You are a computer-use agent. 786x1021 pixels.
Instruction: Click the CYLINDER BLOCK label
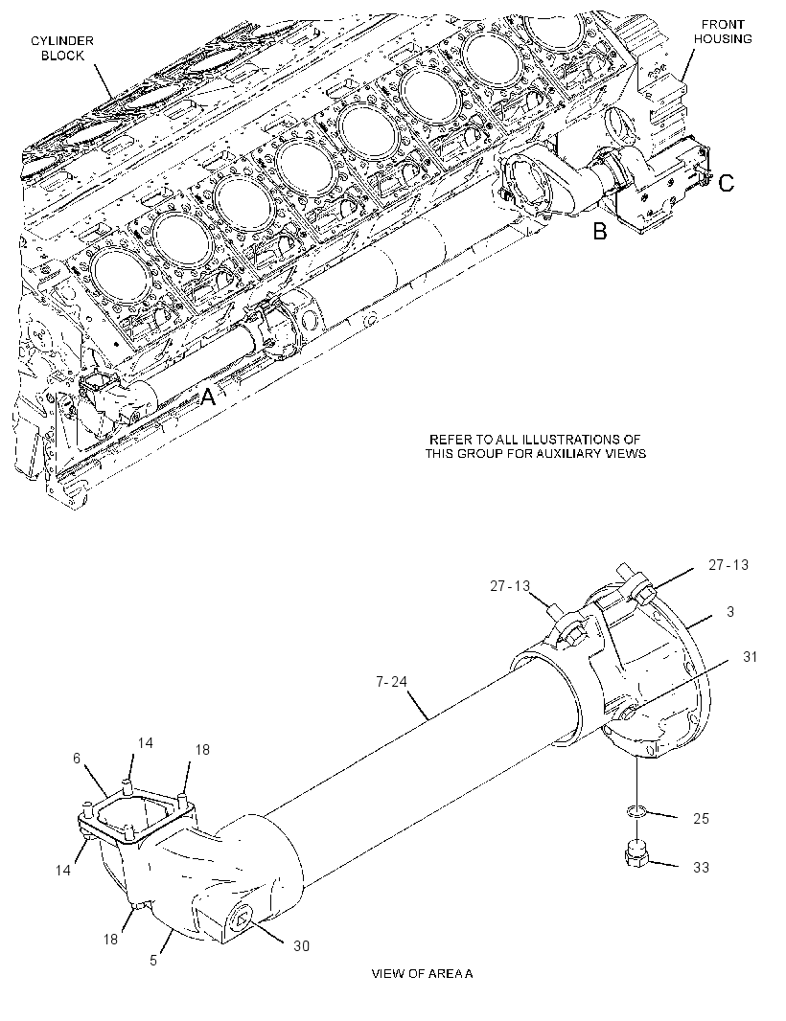coord(62,48)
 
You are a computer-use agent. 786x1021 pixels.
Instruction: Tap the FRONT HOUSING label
coord(722,32)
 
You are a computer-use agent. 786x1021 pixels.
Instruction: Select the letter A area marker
coord(207,396)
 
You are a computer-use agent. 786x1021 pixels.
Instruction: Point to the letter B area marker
coord(600,231)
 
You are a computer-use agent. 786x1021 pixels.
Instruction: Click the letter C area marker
coord(726,184)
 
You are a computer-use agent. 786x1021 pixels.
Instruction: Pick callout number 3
coord(730,611)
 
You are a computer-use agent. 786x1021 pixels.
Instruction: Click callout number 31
coord(751,657)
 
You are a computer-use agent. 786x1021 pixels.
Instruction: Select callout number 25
coord(701,819)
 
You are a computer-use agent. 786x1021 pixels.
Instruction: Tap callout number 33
coord(701,868)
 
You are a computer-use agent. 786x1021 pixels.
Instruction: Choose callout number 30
coord(301,946)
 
